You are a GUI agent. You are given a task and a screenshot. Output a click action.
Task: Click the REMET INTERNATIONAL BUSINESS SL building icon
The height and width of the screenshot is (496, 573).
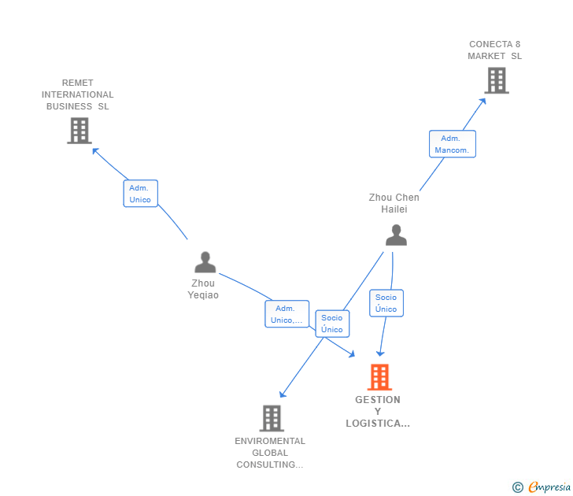click(x=79, y=131)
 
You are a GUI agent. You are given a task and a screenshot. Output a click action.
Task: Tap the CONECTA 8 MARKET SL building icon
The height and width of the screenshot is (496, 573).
click(x=497, y=80)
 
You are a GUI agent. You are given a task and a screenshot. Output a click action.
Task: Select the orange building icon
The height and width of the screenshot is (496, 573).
click(x=379, y=377)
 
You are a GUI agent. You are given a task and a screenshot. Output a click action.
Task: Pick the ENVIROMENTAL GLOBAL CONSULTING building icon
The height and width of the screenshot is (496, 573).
click(x=272, y=418)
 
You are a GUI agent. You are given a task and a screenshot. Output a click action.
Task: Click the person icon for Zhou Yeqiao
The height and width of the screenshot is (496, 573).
click(x=205, y=262)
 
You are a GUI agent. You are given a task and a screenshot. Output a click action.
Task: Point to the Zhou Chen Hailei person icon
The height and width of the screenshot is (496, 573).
click(x=396, y=235)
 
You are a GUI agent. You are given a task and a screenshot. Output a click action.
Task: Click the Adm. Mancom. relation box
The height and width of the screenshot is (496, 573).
click(x=453, y=144)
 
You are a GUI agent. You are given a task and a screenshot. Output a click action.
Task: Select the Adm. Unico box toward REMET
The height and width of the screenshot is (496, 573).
click(x=141, y=194)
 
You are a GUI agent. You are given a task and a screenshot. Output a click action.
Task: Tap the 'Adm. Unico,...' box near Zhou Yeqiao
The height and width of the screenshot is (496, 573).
click(x=286, y=314)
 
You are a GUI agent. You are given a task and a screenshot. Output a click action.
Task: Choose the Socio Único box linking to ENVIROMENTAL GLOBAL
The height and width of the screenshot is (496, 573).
click(x=332, y=324)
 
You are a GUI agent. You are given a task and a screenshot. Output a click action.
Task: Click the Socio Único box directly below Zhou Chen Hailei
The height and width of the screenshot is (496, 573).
click(x=386, y=303)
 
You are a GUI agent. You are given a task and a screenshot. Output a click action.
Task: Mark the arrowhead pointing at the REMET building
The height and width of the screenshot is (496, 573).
click(x=95, y=150)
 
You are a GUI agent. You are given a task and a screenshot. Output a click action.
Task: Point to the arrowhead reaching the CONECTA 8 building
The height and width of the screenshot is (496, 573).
click(x=483, y=102)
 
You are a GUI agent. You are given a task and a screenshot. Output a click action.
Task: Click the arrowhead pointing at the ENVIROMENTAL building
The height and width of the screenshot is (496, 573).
click(x=282, y=394)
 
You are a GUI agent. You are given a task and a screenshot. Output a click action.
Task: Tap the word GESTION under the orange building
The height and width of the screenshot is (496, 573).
click(x=378, y=400)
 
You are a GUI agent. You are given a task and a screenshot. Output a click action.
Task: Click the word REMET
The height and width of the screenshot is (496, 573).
click(x=77, y=83)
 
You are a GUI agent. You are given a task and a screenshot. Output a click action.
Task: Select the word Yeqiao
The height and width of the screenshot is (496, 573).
click(x=203, y=295)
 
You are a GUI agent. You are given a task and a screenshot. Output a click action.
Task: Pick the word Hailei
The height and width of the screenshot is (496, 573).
click(x=394, y=209)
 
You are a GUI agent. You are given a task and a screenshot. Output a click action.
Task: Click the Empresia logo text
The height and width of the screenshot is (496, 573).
click(x=549, y=487)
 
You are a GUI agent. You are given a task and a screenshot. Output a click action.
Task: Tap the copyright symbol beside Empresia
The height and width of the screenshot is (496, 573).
click(x=518, y=487)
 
